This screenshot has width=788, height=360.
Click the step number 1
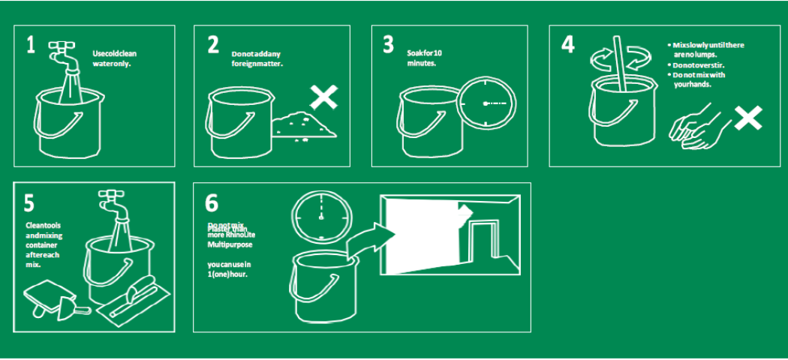click(x=30, y=45)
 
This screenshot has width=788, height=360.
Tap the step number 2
click(x=213, y=45)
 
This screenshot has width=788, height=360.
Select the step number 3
click(x=388, y=45)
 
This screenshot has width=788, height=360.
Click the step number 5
click(x=29, y=203)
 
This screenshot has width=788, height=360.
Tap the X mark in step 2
click(x=324, y=97)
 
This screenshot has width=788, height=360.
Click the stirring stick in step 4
click(x=621, y=64)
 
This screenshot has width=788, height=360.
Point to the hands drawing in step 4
click(x=697, y=129)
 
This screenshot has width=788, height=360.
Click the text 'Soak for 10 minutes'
click(x=425, y=58)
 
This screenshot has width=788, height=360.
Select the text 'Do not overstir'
click(x=699, y=64)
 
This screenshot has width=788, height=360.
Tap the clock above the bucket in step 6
click(x=320, y=216)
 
